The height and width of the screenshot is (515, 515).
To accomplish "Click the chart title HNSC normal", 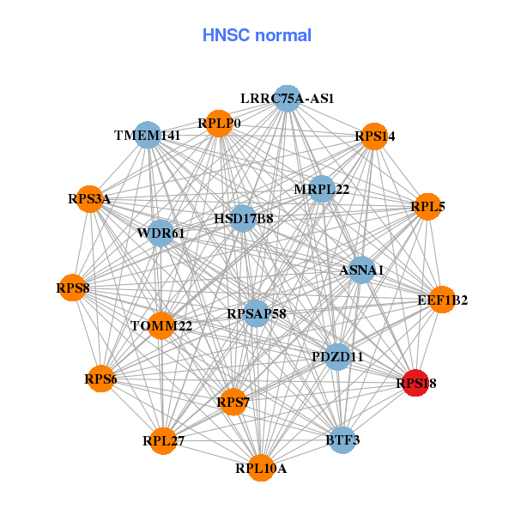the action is tap(257, 35).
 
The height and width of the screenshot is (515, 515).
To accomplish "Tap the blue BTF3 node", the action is tap(342, 440).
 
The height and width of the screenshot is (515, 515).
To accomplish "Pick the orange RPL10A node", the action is tap(262, 468).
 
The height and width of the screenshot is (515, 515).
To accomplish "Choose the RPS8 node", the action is tap(75, 288).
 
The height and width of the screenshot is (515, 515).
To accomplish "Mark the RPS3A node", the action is tap(89, 199).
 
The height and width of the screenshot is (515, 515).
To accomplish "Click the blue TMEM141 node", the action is tap(148, 136).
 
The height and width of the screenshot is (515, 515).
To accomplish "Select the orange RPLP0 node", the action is tap(219, 124).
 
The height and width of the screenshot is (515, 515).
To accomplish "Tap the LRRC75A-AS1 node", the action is tap(288, 99).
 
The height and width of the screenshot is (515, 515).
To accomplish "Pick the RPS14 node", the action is tap(373, 136).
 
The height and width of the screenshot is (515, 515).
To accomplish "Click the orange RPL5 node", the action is tap(427, 207).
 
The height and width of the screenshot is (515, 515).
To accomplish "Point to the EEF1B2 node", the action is tap(442, 300).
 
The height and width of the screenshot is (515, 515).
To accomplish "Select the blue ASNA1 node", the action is tap(361, 270).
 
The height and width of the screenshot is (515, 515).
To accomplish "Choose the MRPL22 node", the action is tap(321, 189).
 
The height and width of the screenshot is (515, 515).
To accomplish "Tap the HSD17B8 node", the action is tap(244, 219).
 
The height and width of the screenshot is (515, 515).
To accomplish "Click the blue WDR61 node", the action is tap(161, 233).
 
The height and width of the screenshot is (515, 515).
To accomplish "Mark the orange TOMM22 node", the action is tap(161, 325).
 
